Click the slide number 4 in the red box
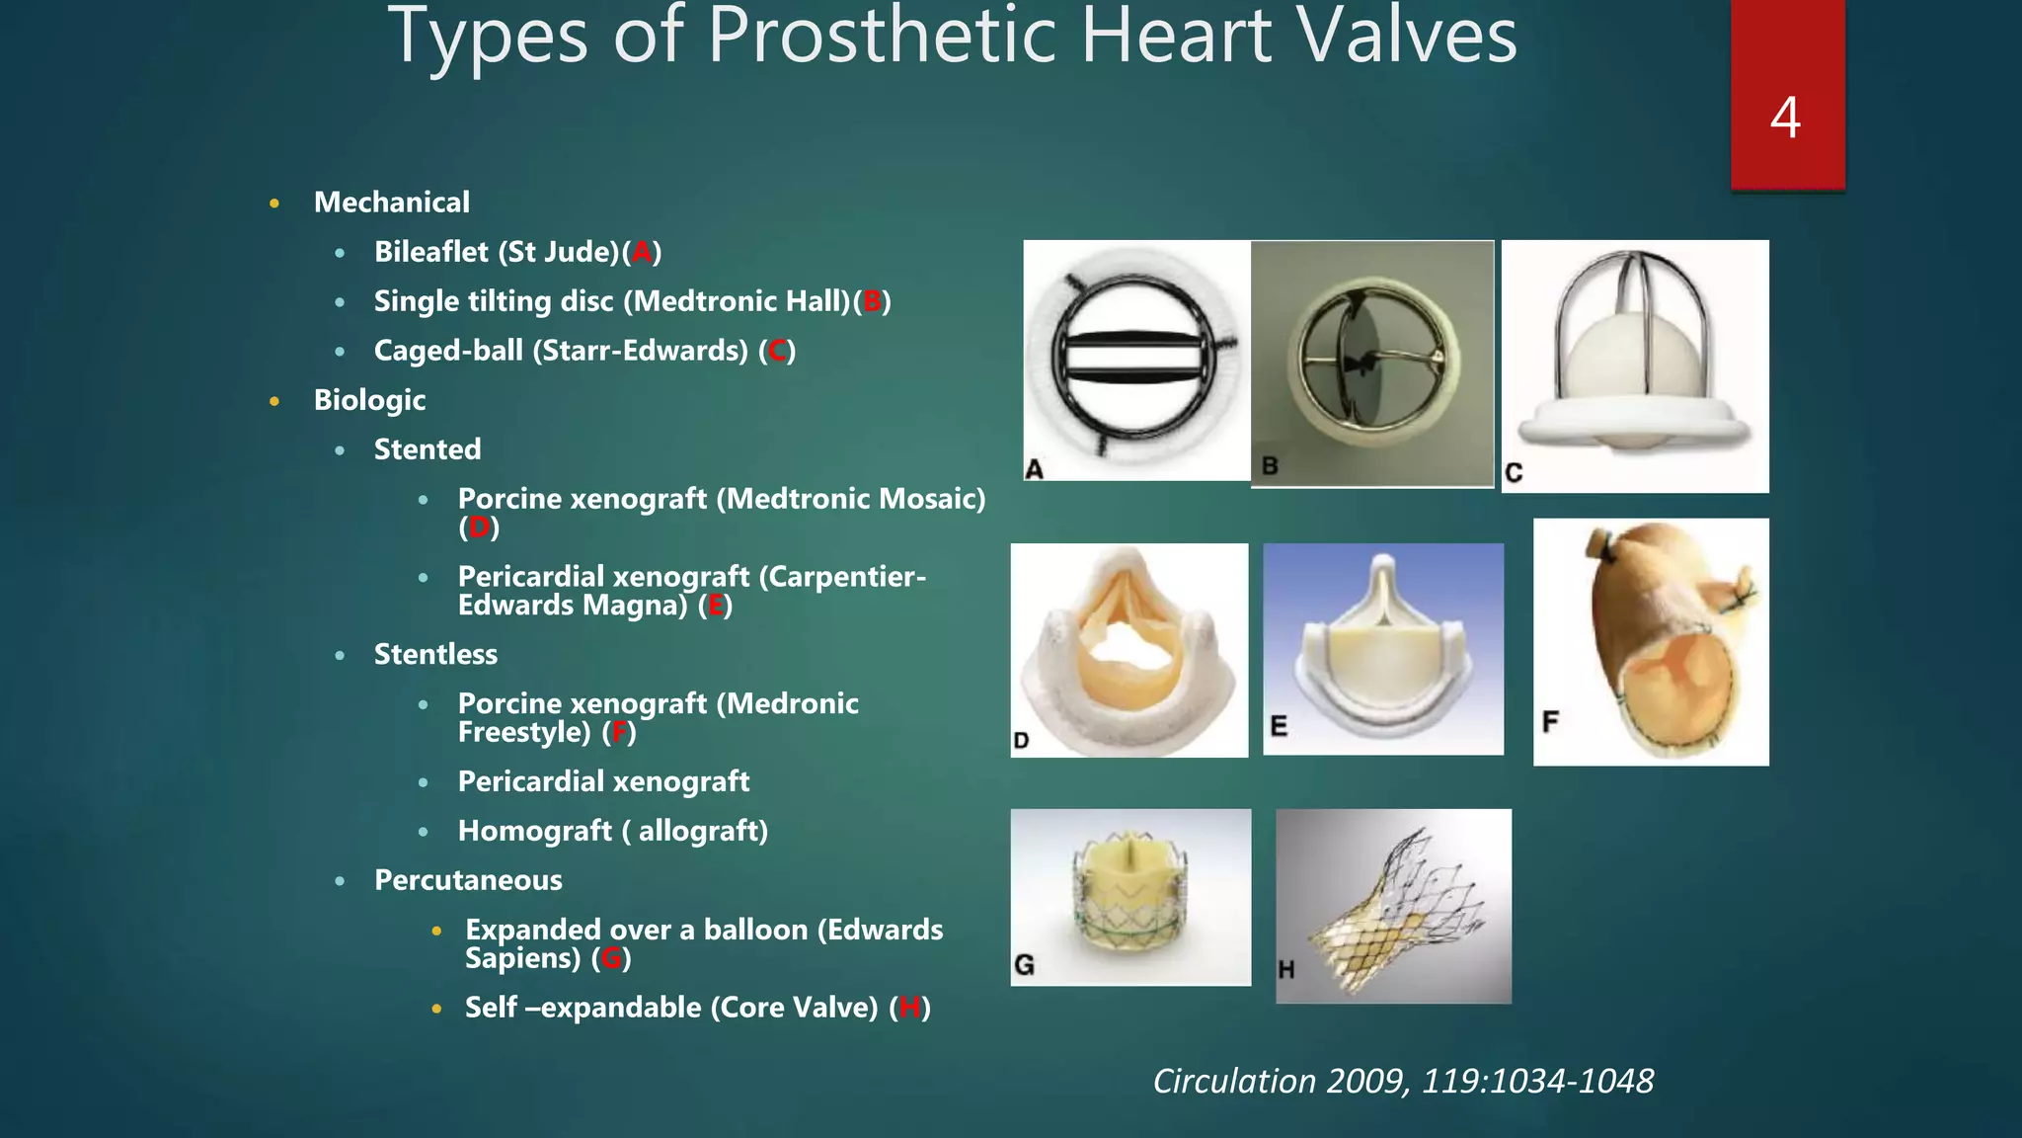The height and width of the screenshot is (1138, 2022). [1785, 118]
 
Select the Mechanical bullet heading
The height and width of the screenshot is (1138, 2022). [391, 203]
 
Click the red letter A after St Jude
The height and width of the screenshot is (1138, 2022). [642, 253]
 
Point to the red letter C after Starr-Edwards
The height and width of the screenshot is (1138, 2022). [777, 352]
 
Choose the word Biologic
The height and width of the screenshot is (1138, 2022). [369, 400]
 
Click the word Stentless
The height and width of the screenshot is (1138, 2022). [435, 654]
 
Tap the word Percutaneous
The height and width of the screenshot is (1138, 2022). [468, 880]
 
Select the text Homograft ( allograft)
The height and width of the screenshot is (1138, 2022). [612, 831]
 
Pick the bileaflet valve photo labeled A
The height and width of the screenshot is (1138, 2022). [1135, 361]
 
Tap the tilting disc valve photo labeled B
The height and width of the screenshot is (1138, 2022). [1372, 364]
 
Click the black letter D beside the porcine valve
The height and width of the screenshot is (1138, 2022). [1021, 741]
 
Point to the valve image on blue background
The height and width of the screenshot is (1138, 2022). [1383, 649]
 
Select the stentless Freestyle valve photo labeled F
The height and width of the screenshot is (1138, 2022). [1651, 642]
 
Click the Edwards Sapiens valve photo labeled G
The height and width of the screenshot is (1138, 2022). [1130, 897]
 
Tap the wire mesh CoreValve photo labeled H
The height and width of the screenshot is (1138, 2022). [1393, 906]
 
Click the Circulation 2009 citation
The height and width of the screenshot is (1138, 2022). [1403, 1082]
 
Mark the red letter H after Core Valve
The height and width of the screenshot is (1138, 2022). [909, 1009]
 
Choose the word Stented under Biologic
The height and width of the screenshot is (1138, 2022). [428, 449]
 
